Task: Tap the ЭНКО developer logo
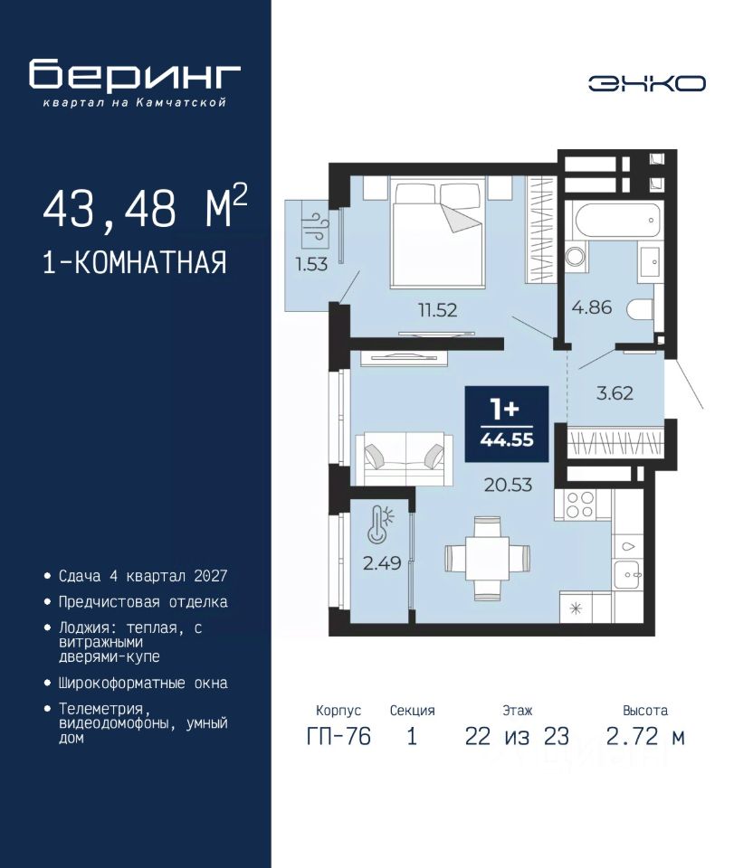[646, 83]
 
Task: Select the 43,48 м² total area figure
[145, 208]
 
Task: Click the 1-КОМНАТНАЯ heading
[135, 262]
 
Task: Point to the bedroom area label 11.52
[438, 310]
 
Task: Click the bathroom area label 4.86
[592, 307]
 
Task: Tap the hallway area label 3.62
[615, 393]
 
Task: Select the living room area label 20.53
[508, 485]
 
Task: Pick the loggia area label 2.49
[382, 563]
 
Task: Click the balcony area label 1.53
[311, 264]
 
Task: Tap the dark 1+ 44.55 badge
[507, 423]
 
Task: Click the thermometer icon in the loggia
[380, 524]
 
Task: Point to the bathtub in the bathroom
[618, 221]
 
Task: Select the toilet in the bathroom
[641, 309]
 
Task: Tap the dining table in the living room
[487, 558]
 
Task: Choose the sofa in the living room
[404, 459]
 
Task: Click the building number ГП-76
[338, 736]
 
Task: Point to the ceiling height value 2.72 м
[645, 736]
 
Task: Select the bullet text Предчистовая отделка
[143, 602]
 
